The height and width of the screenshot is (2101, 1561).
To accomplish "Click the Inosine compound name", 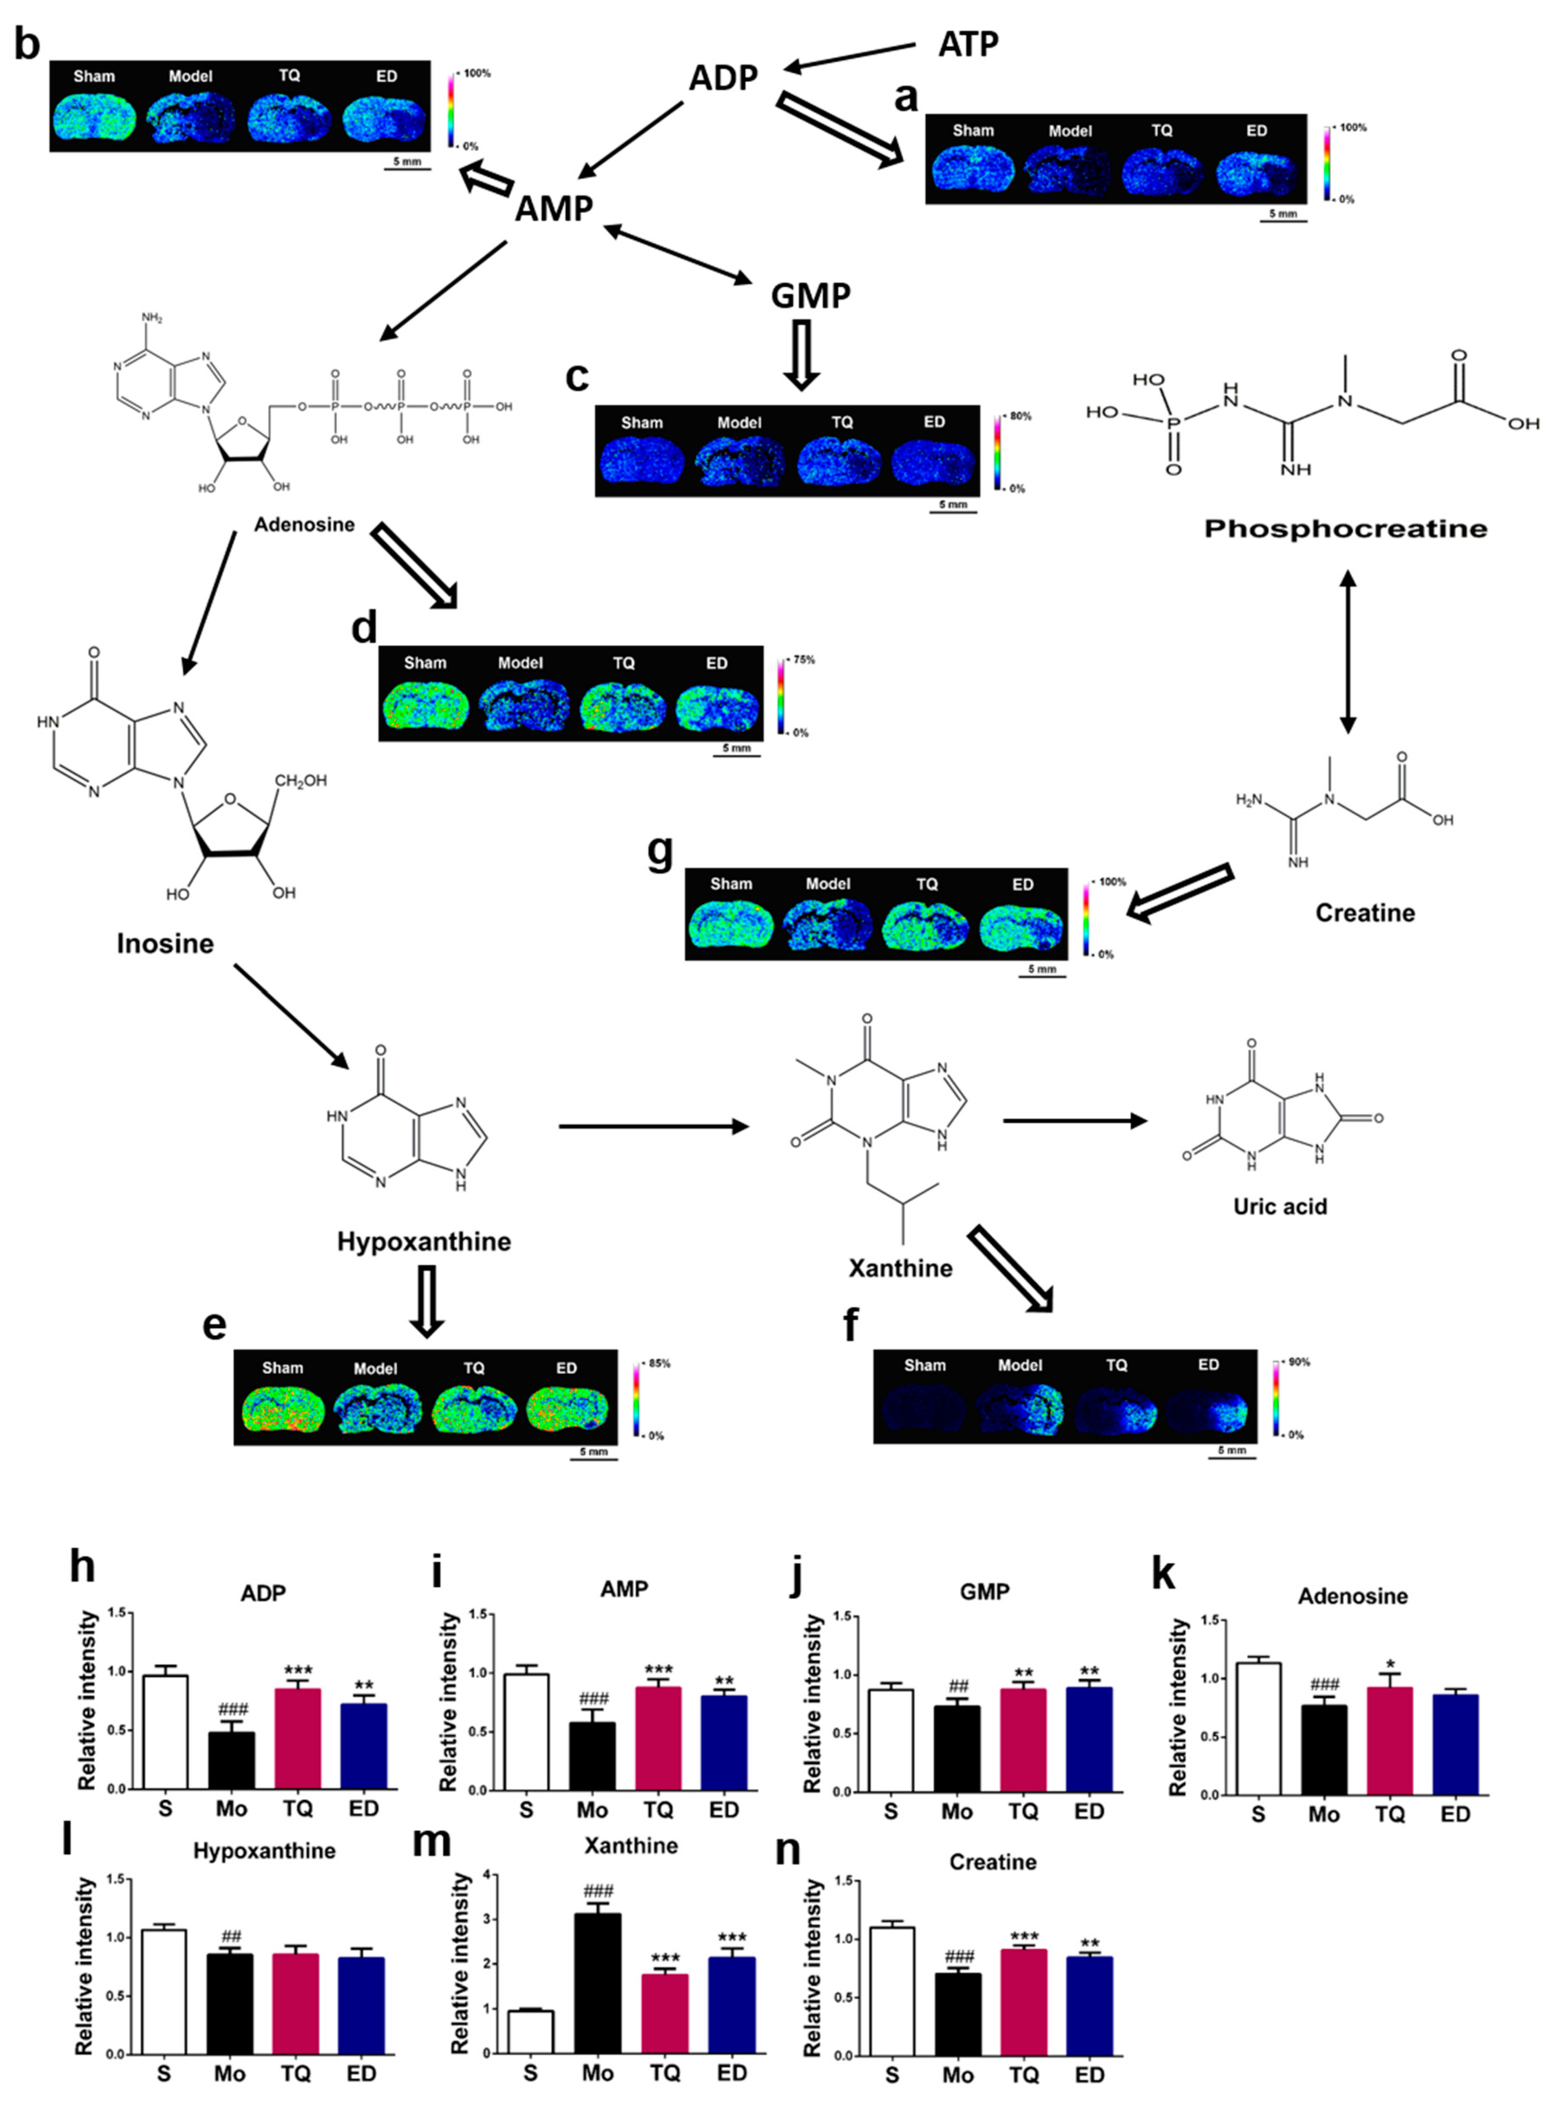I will pos(165,943).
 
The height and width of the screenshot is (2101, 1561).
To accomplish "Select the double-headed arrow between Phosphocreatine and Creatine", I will pos(1347,652).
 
